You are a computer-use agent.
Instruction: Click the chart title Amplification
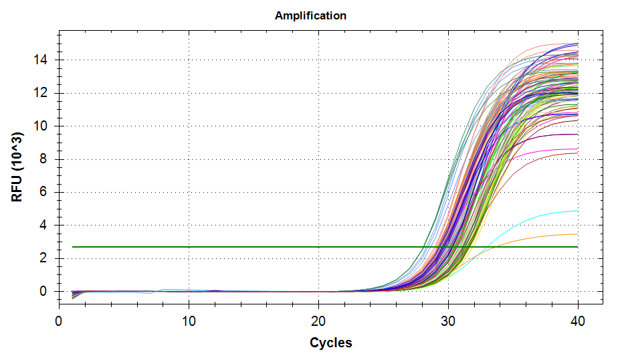[310, 15]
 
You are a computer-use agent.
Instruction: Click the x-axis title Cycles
[330, 343]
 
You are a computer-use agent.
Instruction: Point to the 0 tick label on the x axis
[59, 321]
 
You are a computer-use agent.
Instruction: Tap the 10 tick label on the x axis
[189, 321]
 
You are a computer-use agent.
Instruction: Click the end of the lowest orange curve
[577, 234]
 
